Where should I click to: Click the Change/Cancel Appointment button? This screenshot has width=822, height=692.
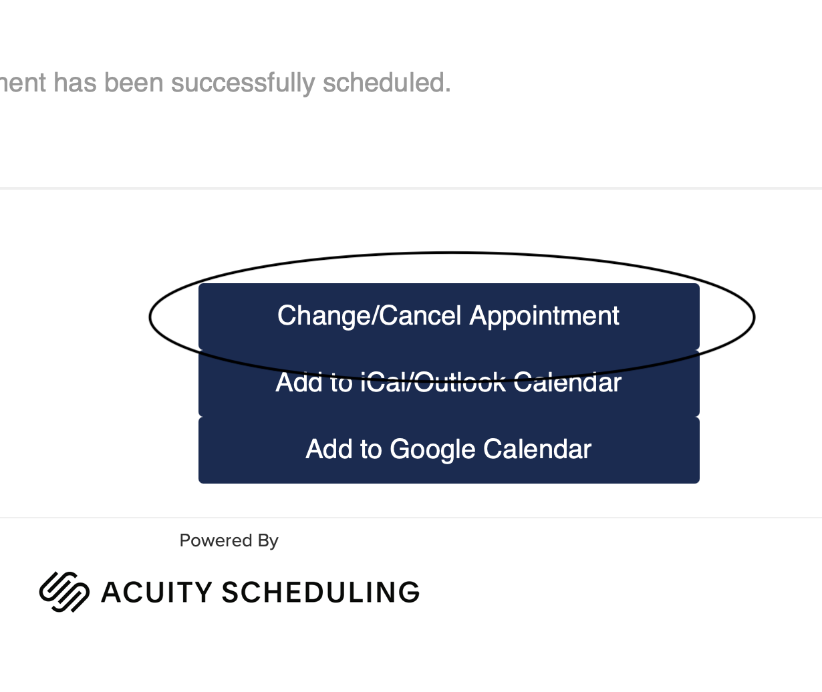point(448,316)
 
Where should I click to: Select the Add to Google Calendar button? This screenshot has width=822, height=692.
point(448,450)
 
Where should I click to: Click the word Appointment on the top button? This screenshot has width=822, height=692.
point(545,316)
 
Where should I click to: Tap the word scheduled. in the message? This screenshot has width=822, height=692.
point(386,83)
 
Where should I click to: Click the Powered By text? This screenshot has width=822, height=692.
point(229,540)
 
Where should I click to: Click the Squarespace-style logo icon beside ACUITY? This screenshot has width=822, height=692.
point(64,592)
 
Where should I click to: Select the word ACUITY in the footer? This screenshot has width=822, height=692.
point(156,592)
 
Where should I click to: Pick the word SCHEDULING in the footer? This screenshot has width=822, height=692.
point(320,592)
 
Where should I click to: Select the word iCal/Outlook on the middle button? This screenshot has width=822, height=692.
point(433,383)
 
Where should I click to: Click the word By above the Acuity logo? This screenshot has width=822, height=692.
point(268,540)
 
